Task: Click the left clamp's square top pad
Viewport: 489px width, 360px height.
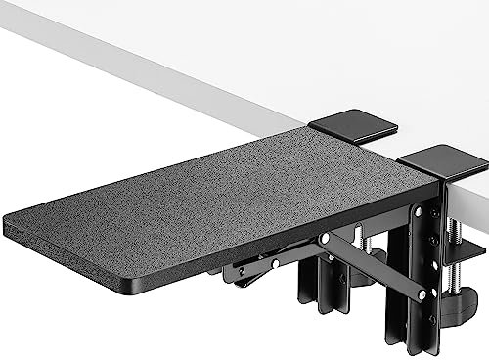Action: (352, 128)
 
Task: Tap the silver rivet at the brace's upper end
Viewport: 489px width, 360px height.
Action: (324, 238)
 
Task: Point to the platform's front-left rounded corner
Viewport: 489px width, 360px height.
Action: (12, 227)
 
